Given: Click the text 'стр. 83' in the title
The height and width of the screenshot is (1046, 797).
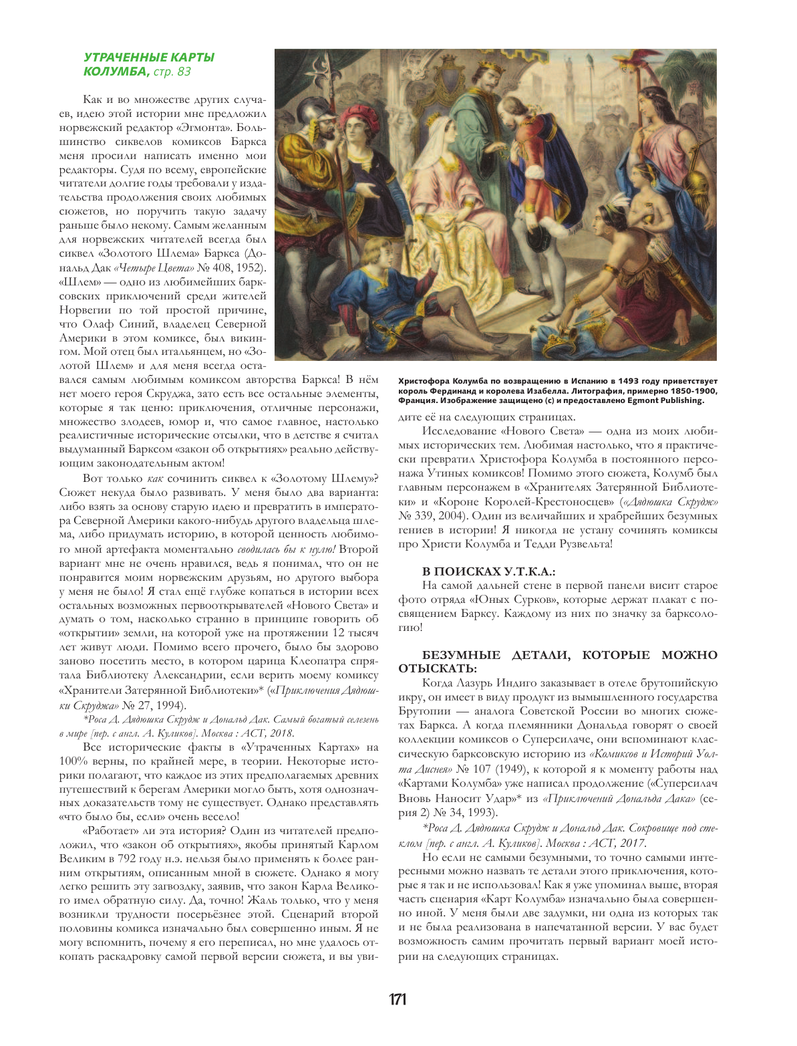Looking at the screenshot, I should point(172,72).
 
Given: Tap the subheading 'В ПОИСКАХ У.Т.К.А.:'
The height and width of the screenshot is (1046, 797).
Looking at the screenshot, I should point(489,571).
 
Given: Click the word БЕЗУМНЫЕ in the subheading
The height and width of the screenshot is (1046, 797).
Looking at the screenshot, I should point(461,655).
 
